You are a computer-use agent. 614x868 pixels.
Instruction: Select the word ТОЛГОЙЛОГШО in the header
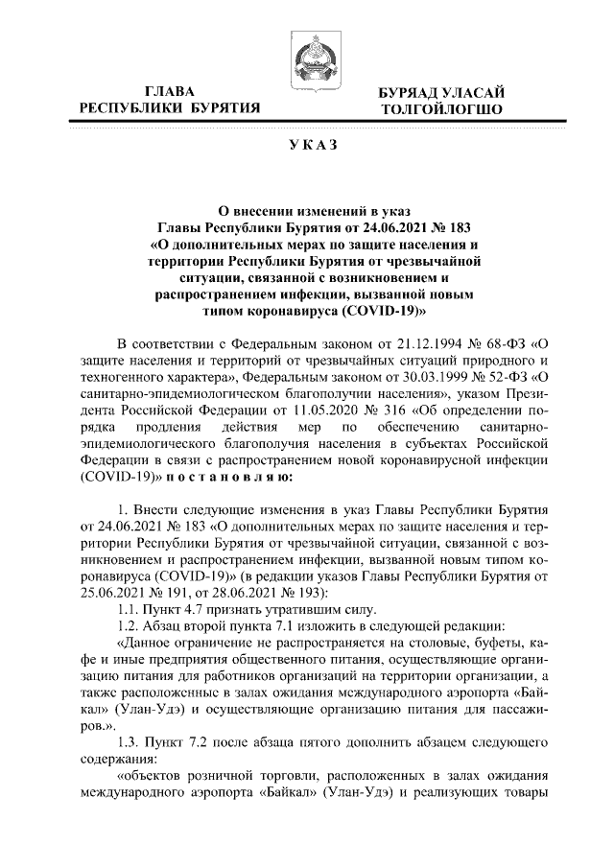[x=442, y=109]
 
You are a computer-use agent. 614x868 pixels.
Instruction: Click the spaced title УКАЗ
[x=307, y=145]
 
